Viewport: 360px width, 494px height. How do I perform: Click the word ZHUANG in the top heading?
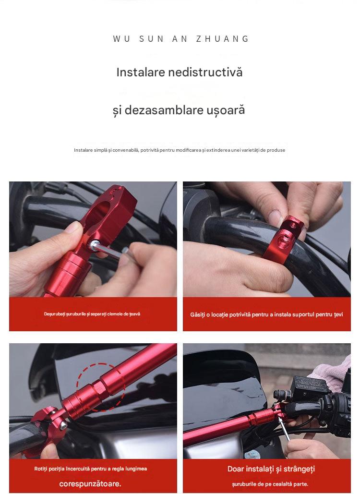point(222,39)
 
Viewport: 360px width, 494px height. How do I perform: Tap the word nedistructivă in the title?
point(205,72)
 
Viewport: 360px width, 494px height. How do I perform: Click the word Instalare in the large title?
point(141,72)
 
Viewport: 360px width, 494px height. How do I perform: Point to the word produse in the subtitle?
point(276,150)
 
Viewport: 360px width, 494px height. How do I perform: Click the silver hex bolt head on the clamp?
point(94,244)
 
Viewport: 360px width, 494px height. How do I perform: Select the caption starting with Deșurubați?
point(92,314)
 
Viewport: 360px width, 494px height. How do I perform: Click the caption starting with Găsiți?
point(266,314)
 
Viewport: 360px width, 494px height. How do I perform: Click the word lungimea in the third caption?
point(136,469)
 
